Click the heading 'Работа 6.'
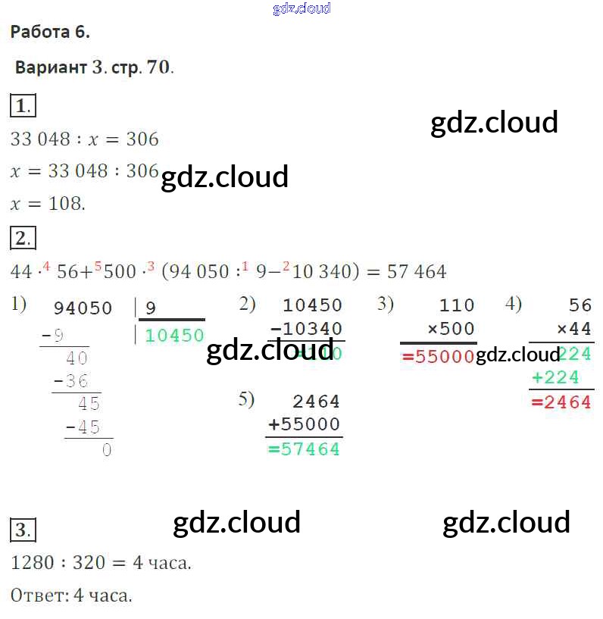coord(50,32)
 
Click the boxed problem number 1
coord(23,106)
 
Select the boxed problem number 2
coord(23,239)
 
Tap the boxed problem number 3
coord(23,530)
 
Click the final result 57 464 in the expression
coord(417,271)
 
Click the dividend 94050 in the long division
coord(83,308)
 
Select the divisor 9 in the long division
coord(150,308)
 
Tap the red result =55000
coord(438,357)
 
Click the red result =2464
coord(561,402)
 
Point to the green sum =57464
coord(305,449)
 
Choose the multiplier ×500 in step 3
coord(451,330)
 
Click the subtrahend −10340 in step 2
coord(306,330)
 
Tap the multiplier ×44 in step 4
coord(573,330)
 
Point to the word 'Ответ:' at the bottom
coord(39,596)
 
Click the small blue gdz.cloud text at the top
coord(301,9)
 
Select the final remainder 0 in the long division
coord(106,450)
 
